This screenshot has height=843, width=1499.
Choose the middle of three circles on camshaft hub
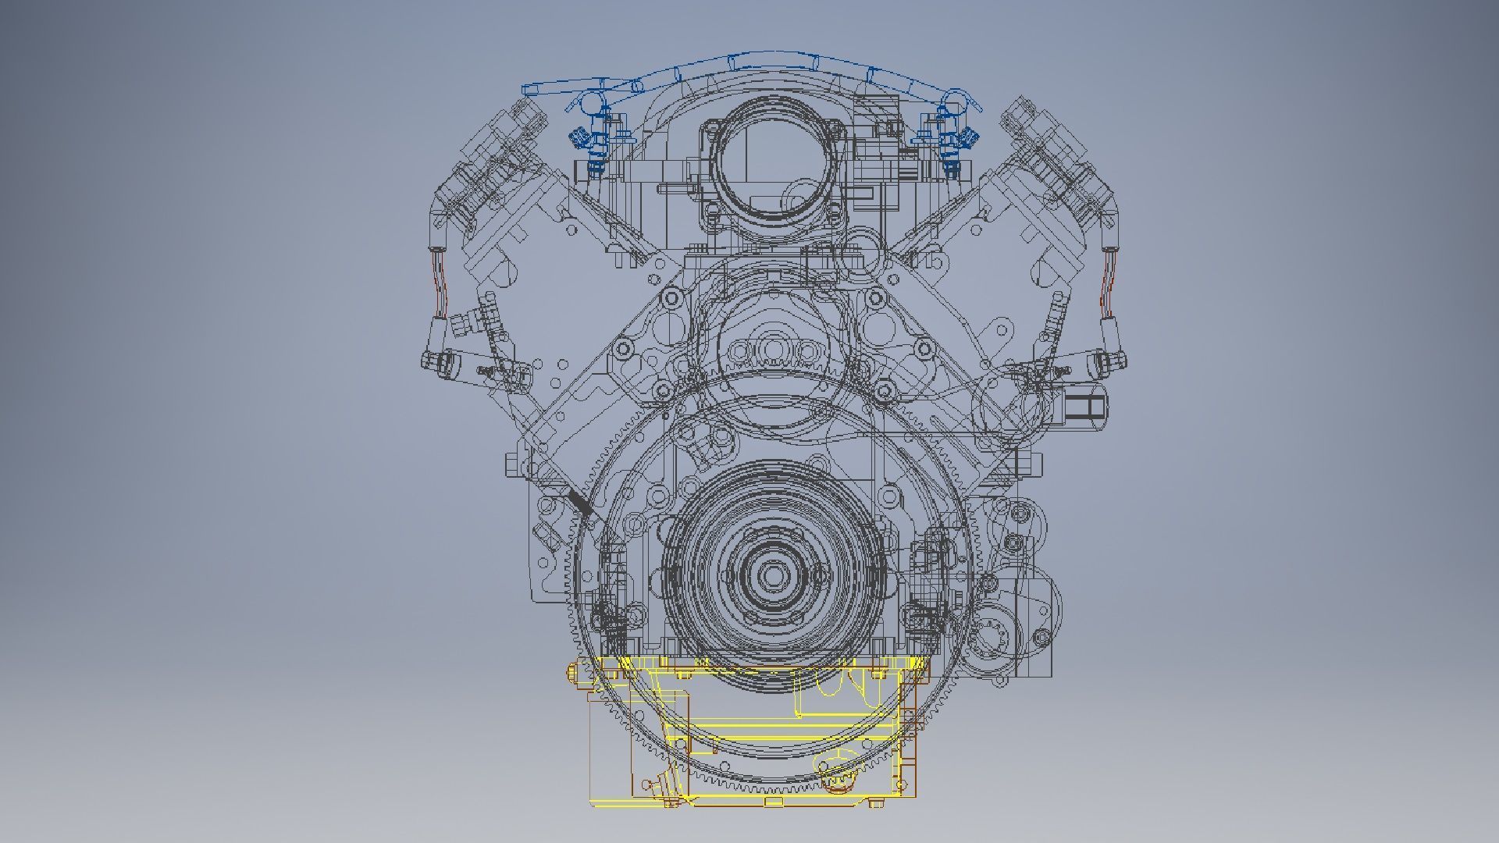[774, 348]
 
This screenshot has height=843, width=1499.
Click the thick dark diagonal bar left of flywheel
[582, 503]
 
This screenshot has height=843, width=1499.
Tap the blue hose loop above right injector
[954, 99]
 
